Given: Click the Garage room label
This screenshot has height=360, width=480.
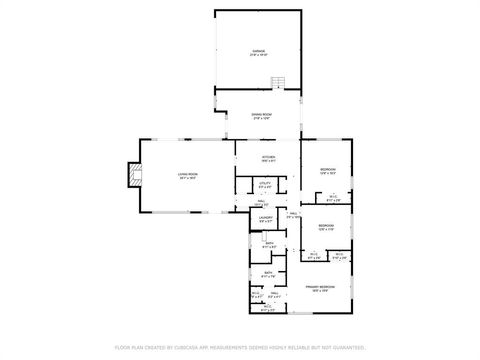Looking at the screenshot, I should (258, 50).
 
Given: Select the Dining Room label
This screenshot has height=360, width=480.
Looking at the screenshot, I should (258, 115).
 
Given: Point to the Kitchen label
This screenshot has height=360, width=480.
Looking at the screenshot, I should (267, 157).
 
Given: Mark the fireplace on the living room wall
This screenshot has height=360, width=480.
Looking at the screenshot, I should (126, 176).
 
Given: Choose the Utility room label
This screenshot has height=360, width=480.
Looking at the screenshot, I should (265, 183).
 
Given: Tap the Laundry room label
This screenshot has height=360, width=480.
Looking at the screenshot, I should (266, 217).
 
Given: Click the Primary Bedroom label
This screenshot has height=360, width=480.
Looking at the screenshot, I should (320, 287).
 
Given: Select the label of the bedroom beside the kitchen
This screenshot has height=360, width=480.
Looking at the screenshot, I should (327, 170).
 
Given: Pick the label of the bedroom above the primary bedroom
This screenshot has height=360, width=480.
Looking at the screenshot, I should (326, 226).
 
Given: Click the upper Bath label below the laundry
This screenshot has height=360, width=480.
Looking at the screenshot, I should (269, 243).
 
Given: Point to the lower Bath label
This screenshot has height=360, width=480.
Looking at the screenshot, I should (268, 273).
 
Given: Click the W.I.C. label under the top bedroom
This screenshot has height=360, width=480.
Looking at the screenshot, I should (333, 196).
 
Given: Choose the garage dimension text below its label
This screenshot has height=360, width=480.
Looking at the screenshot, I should (258, 55).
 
